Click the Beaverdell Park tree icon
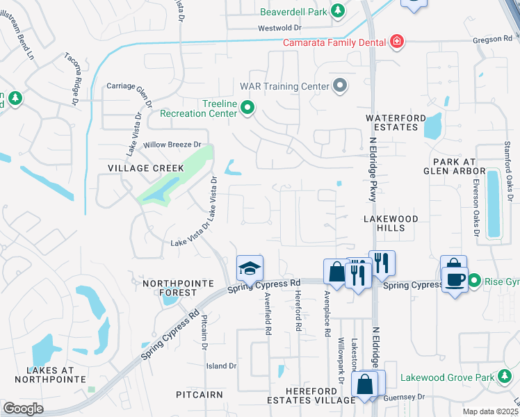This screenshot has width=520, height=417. point(338,11)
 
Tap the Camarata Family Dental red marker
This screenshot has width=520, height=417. point(397,42)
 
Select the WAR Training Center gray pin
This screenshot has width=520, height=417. point(340,85)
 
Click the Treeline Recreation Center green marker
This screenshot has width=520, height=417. point(247,108)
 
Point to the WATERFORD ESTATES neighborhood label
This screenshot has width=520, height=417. point(395,124)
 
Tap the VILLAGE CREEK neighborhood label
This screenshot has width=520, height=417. point(146,168)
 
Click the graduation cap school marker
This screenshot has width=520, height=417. point(250,268)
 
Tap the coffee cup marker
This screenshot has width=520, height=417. point(455,279)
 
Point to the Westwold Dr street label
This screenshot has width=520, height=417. point(279,28)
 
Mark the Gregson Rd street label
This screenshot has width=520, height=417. point(492,40)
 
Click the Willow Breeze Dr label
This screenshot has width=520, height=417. point(172,145)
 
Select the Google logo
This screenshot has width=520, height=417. point(22,408)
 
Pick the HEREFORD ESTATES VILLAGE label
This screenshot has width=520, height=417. point(311,395)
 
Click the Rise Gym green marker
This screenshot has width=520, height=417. point(475,281)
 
